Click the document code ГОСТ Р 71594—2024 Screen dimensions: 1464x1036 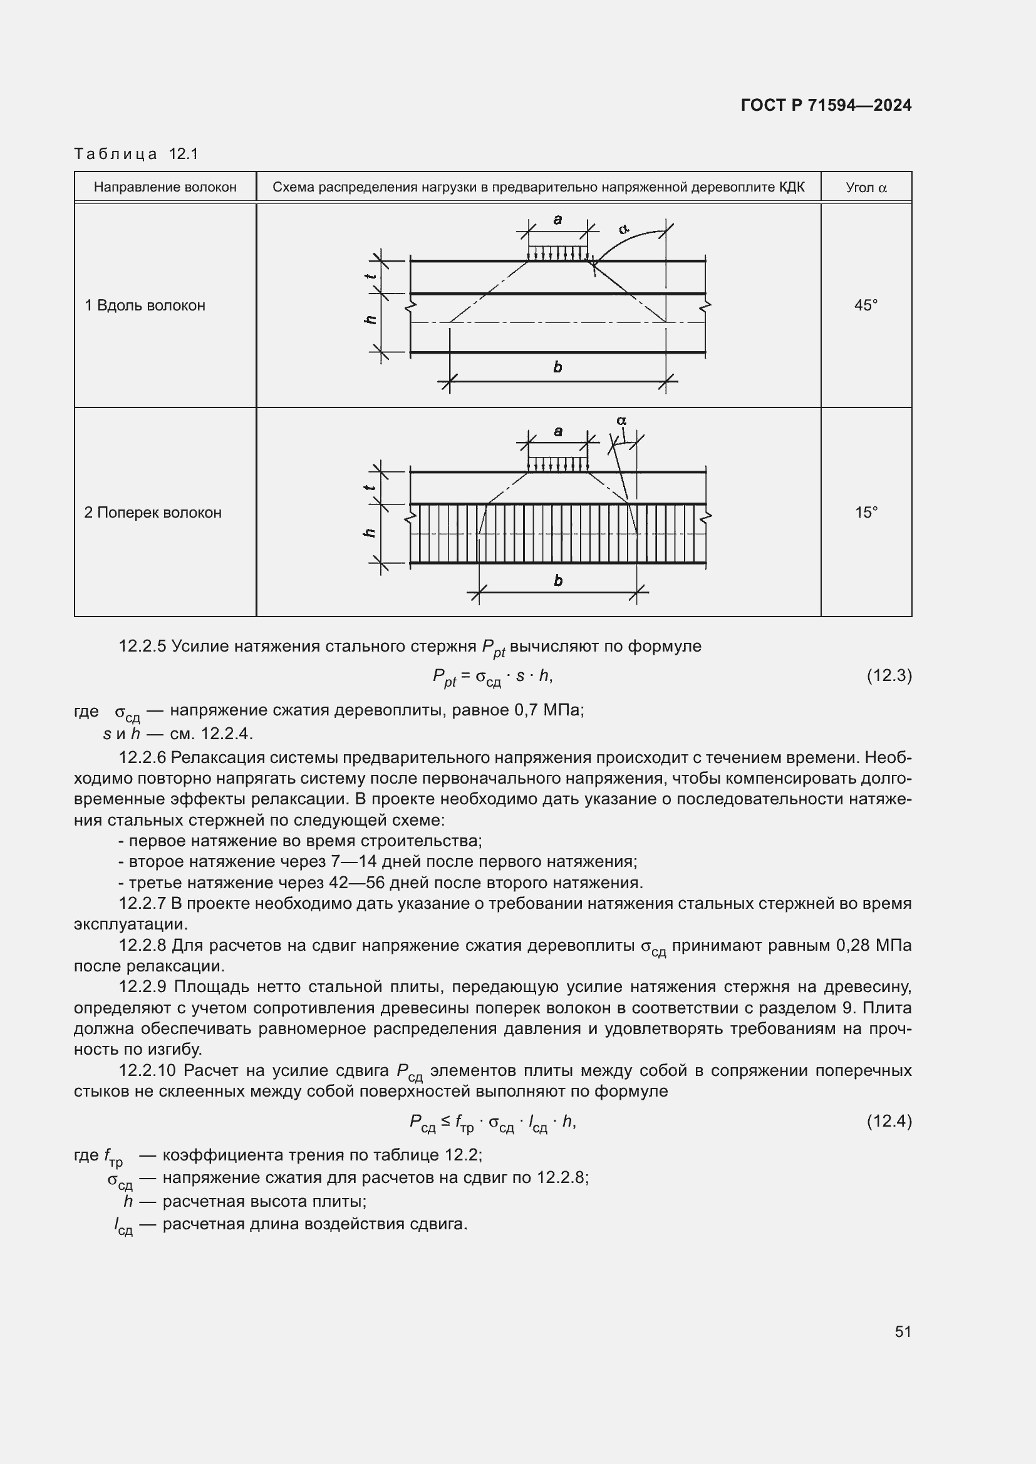pos(826,105)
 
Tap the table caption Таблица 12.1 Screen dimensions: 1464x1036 pos(137,154)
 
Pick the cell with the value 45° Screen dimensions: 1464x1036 pos(866,305)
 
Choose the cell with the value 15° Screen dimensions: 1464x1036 pos(866,513)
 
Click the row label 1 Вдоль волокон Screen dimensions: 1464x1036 pos(145,305)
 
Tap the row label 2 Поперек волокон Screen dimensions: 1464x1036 pos(153,513)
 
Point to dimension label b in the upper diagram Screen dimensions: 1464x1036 pos(557,367)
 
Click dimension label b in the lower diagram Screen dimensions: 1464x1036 pos(558,580)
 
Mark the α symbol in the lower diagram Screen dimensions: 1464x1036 pos(621,421)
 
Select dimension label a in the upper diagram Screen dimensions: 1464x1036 pos(557,220)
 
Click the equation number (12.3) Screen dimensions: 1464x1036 pos(889,675)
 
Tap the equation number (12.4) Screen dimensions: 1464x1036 pos(889,1120)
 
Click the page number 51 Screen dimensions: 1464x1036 pos(903,1331)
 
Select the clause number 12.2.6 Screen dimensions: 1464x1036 pos(142,757)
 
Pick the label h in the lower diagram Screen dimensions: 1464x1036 pos(370,533)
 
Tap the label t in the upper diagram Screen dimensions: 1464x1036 pos(370,276)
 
